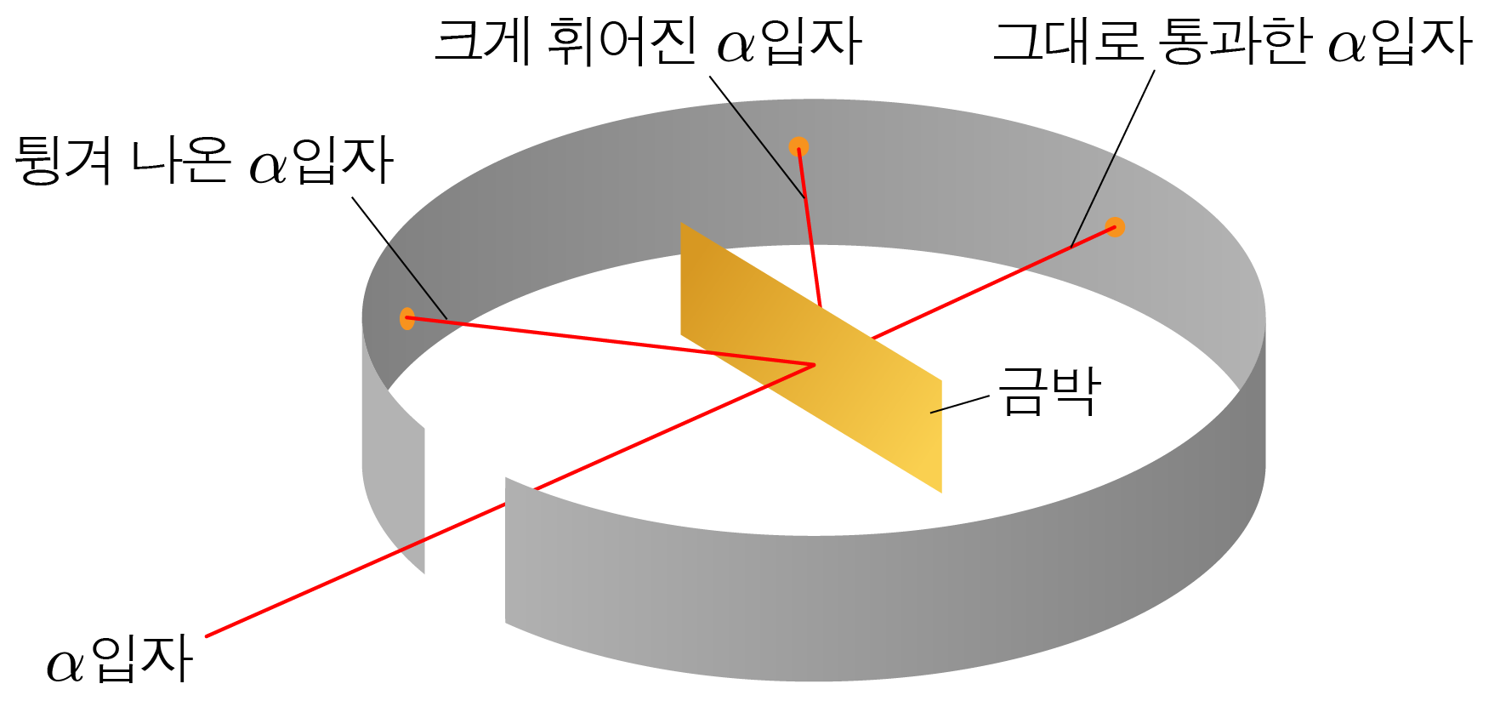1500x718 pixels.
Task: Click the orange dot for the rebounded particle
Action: pos(407,319)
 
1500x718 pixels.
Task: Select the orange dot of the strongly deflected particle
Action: pos(798,147)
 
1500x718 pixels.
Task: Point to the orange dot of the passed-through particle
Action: pos(1115,227)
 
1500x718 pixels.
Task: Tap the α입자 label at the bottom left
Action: pos(120,660)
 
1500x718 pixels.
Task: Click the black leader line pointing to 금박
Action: pos(960,405)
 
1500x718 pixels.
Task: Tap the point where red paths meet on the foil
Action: pos(815,365)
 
